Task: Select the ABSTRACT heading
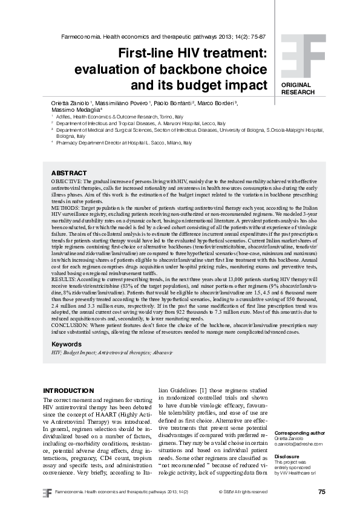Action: coord(69,172)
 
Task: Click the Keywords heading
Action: coord(67,343)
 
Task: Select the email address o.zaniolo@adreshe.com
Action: coord(298,444)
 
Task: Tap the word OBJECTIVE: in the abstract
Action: coord(67,181)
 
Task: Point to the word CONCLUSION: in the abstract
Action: coord(71,323)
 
